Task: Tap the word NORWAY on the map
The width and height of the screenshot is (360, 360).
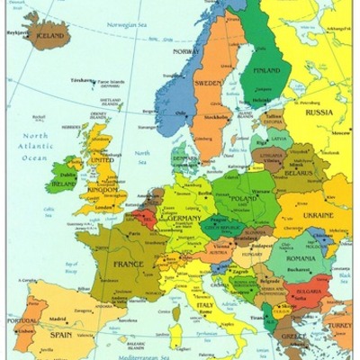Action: coord(185,51)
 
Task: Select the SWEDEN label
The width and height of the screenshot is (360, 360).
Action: coord(209,82)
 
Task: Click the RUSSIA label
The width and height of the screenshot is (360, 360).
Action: coord(319,112)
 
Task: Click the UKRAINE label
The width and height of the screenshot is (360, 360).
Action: coord(317,216)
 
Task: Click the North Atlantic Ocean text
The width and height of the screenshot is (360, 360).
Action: coord(29,146)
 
